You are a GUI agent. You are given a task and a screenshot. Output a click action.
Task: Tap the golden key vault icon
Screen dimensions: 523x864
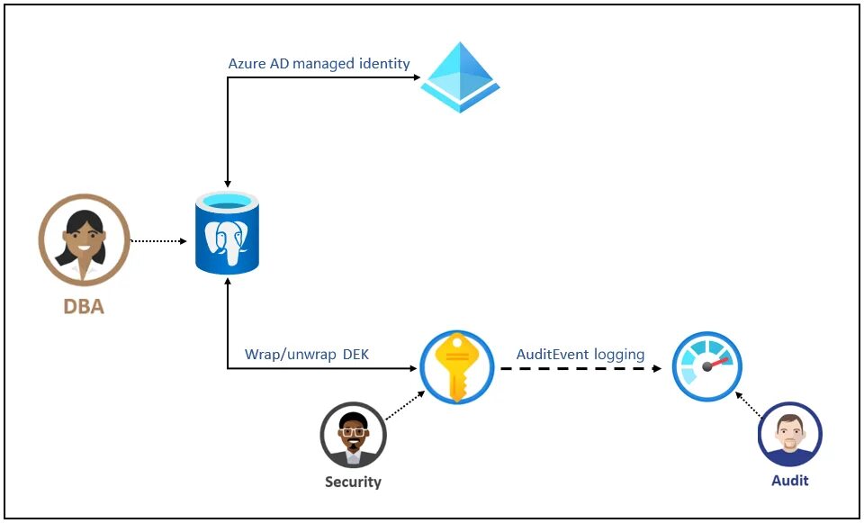456,366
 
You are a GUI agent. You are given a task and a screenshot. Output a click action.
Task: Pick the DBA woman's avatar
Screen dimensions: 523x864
84,239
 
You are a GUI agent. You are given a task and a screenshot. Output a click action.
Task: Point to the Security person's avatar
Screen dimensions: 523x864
353,436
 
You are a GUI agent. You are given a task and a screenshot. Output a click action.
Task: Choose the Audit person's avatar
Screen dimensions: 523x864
789,434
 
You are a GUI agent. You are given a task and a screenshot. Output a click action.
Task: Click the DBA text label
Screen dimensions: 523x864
84,307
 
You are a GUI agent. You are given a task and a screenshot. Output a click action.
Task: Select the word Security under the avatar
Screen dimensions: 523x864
353,482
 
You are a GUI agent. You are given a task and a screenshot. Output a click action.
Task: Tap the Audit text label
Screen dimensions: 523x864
789,481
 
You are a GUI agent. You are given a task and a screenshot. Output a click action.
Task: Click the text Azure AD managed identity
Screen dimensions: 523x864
319,64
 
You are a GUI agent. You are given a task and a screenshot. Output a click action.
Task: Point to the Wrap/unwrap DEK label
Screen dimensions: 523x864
306,355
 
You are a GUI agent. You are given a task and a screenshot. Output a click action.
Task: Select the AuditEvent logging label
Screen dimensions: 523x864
580,355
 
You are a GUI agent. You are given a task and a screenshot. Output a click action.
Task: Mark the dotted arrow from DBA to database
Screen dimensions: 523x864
158,241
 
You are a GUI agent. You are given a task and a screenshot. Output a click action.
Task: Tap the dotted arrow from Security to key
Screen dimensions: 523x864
404,406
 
